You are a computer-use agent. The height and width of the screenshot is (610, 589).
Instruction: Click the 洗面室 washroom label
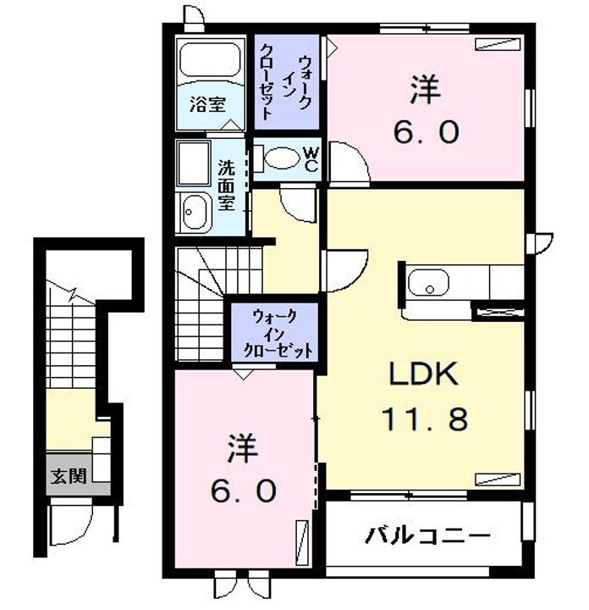coord(226,185)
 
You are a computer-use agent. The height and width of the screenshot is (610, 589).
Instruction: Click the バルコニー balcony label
coord(428,536)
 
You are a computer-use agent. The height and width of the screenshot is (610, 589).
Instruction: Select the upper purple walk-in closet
coord(287,80)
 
